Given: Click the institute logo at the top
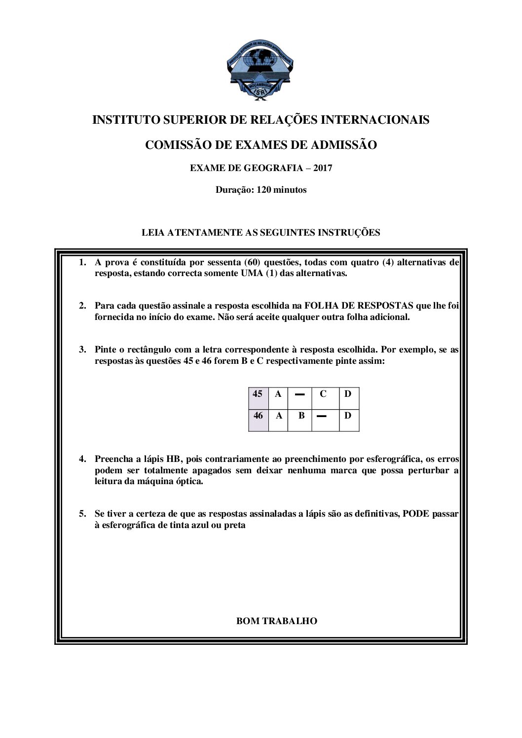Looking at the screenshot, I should (x=261, y=71).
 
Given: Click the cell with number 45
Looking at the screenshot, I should (x=258, y=394).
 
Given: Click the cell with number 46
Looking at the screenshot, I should (x=258, y=416).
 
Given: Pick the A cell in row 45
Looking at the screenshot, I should (x=278, y=394).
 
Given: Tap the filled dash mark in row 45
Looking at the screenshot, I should (x=299, y=394).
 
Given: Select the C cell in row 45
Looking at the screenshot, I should (x=323, y=394).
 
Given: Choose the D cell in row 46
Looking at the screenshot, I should (x=348, y=416).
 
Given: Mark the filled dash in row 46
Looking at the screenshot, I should (x=322, y=417).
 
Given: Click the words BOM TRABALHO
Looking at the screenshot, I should (x=277, y=621).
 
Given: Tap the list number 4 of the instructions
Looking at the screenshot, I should (x=82, y=459).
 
